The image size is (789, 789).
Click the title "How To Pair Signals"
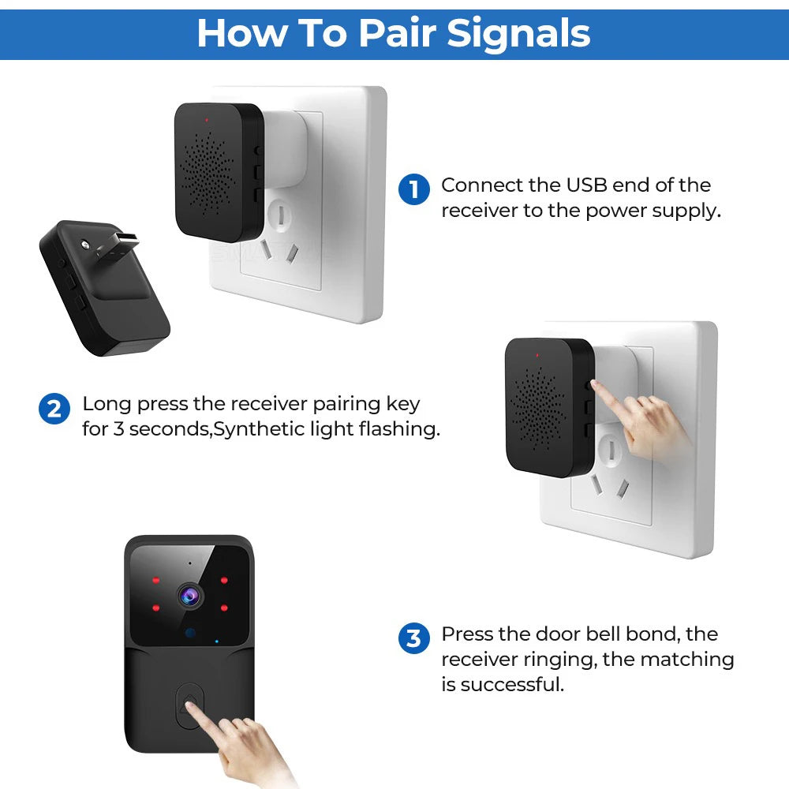394,33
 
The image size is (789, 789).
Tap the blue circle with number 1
413,191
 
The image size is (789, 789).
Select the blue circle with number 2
54,409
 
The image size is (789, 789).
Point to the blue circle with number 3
413,638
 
